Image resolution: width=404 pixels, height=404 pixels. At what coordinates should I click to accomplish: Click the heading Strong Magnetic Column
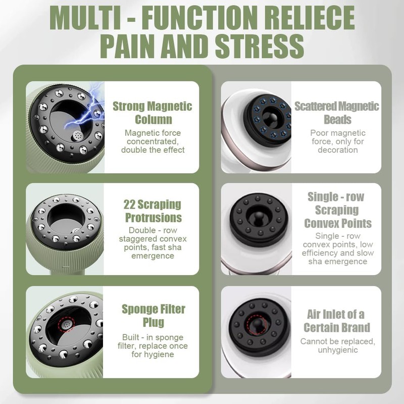153,113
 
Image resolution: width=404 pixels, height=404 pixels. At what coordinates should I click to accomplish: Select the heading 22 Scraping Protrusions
152,211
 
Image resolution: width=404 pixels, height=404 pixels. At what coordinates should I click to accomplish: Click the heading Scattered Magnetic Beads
337,113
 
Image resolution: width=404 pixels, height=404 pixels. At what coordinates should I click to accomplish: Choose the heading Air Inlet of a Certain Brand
337,321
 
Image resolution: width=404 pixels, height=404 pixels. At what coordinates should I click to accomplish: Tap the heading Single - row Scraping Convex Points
336,210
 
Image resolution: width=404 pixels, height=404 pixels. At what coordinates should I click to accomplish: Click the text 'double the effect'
153,149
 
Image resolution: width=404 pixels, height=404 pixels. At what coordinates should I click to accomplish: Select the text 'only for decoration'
337,146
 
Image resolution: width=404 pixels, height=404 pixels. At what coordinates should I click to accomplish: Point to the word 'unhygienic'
337,350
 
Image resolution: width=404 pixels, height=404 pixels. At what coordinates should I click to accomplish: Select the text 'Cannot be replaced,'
337,341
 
